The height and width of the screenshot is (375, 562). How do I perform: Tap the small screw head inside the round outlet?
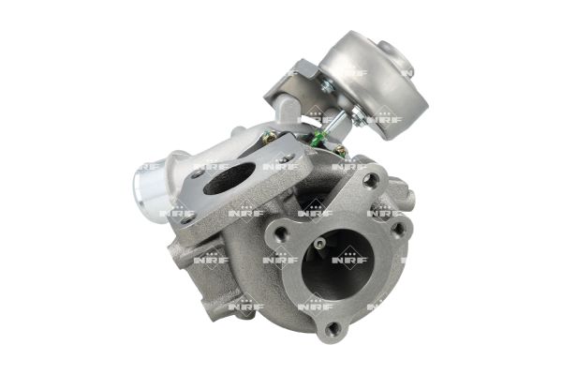318,245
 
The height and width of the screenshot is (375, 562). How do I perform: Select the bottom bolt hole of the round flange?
333,327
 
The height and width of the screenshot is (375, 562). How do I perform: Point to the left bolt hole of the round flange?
278,234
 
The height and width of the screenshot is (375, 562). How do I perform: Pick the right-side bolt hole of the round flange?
397,228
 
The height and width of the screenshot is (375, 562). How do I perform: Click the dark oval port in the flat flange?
229,179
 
